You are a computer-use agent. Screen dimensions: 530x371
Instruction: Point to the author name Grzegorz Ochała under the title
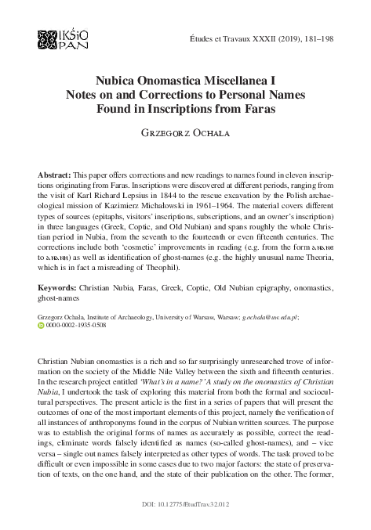pyautogui.click(x=185, y=129)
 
